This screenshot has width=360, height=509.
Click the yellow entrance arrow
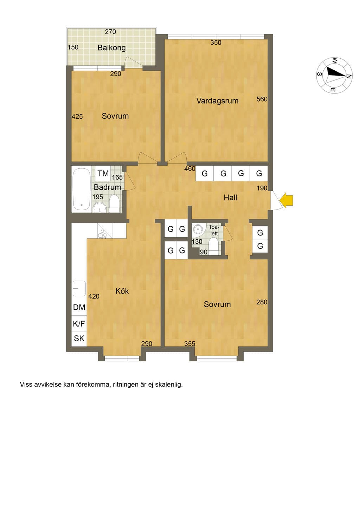pyautogui.click(x=286, y=201)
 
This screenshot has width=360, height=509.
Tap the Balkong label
pyautogui.click(x=111, y=48)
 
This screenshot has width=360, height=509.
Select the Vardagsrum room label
pyautogui.click(x=217, y=101)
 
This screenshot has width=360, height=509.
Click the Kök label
pyautogui.click(x=122, y=291)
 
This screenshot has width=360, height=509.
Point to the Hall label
pyautogui.click(x=230, y=198)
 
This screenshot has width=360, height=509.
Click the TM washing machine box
pyautogui.click(x=103, y=174)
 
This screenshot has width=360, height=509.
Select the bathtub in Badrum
pyautogui.click(x=81, y=189)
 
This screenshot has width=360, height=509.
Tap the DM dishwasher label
pyautogui.click(x=79, y=308)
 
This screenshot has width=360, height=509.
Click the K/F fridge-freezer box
pyautogui.click(x=79, y=324)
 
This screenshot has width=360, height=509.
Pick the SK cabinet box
pyautogui.click(x=79, y=339)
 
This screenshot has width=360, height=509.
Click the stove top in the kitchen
pyautogui.click(x=105, y=231)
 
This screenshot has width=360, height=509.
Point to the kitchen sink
pyautogui.click(x=79, y=289)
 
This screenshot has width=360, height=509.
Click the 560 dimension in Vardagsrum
pyautogui.click(x=262, y=99)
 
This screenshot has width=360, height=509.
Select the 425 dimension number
pyautogui.click(x=77, y=117)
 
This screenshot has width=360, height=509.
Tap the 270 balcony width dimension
pyautogui.click(x=110, y=32)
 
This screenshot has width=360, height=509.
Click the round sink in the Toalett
pyautogui.click(x=198, y=229)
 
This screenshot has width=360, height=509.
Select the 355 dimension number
pyautogui.click(x=189, y=344)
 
